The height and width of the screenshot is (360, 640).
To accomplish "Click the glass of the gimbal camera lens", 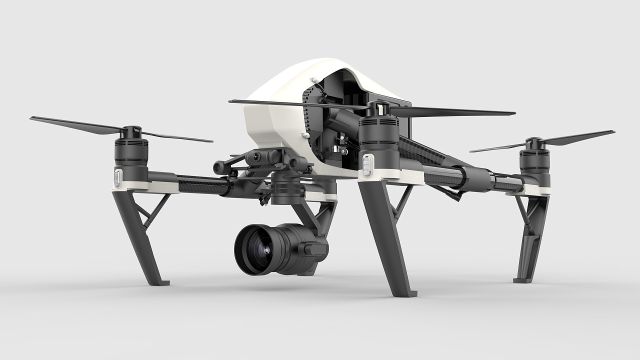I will (x=260, y=249).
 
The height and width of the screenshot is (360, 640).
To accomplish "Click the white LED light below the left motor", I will (x=118, y=176).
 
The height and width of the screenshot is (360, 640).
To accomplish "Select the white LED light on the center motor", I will (x=368, y=164).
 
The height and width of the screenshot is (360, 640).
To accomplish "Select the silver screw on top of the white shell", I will (x=313, y=79).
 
